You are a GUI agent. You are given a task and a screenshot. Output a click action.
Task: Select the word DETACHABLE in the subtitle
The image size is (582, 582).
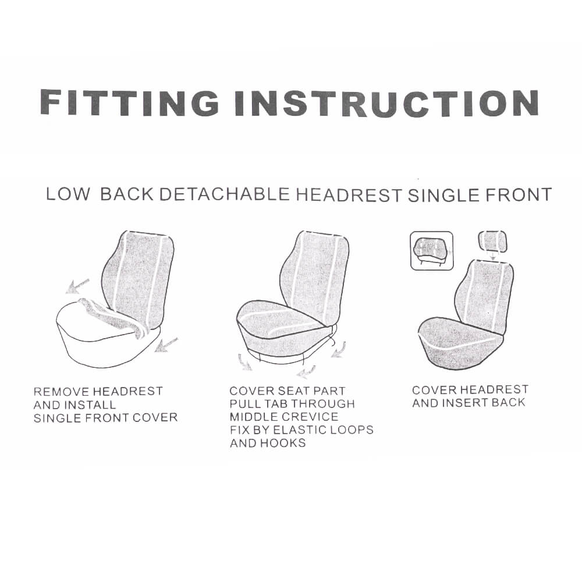point(224,194)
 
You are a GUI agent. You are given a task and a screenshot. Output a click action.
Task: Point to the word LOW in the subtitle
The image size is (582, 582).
point(68,194)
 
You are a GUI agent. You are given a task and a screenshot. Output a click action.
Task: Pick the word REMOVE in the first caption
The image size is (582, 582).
point(61,392)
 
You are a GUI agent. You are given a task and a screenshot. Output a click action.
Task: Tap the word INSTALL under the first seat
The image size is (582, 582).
point(90,404)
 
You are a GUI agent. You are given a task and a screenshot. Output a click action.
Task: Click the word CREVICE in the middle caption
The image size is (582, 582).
point(310,417)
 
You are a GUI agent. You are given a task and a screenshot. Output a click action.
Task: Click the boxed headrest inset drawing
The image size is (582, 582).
point(431,251)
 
